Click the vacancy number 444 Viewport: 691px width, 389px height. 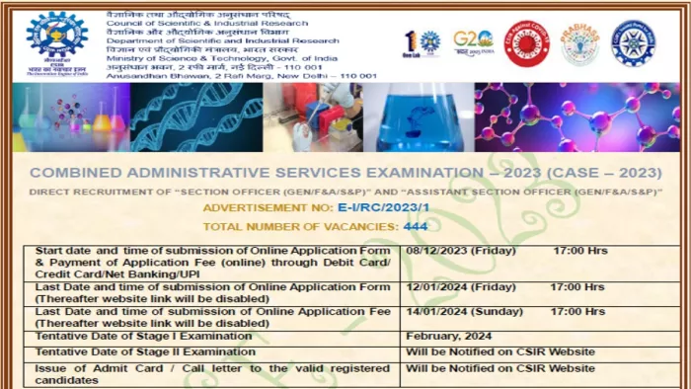coord(415,226)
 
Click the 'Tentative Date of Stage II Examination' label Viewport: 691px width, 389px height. coord(145,351)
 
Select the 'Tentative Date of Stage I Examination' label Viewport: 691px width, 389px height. coord(143,336)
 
